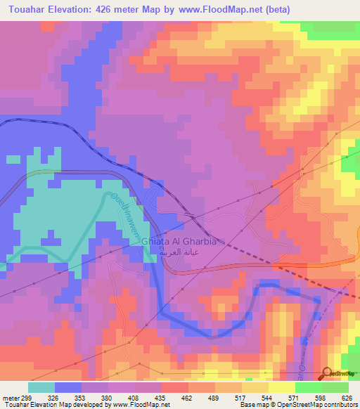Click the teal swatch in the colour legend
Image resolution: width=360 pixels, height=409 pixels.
point(41,387)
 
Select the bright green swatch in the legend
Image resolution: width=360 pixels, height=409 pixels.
point(307,387)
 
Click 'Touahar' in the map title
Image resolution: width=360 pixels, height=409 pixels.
point(26,10)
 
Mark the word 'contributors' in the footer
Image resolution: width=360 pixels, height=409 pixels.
point(339,405)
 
